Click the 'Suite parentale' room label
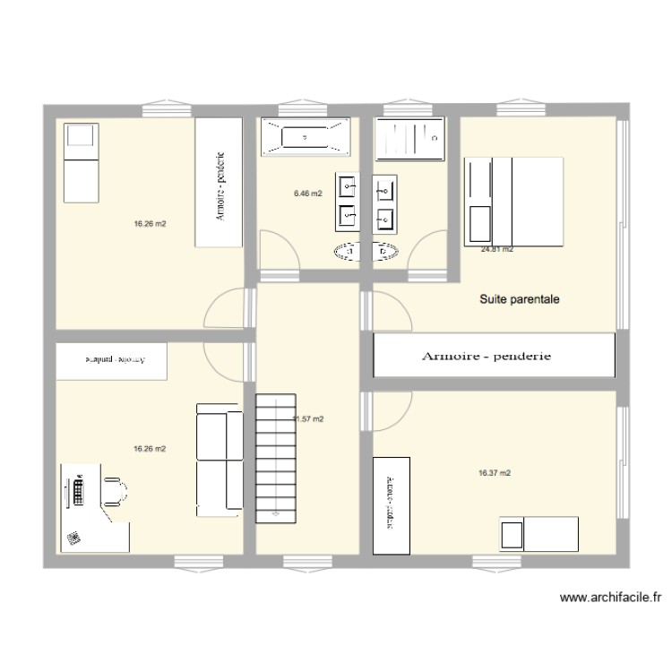coord(520,300)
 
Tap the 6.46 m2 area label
coord(307,193)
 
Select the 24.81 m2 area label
coord(496,250)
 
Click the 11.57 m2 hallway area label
coord(309,418)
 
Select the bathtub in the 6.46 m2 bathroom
coord(305,138)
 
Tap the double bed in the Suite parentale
coord(514,201)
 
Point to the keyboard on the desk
coord(79,491)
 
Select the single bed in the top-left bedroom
coord(82,164)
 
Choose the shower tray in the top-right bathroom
coord(410,138)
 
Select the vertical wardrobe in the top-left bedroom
coord(220,183)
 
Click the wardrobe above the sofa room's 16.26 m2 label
coord(113,360)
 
